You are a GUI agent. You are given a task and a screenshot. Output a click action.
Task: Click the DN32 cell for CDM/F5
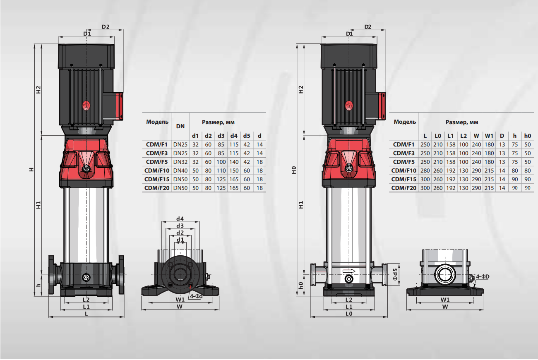pos(180,162)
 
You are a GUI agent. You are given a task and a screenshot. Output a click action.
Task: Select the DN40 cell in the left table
pos(180,171)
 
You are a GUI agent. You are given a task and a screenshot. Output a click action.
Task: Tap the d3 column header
pos(221,136)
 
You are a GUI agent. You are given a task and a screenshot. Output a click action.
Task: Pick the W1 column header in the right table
pos(489,136)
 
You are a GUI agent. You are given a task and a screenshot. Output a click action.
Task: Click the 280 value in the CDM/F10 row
pos(425,171)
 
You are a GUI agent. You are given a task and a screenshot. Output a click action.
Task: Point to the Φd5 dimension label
pos(395,274)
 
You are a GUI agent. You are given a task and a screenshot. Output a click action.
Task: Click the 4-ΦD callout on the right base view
pos(483,277)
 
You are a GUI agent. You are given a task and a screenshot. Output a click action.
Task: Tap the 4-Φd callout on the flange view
pos(196,296)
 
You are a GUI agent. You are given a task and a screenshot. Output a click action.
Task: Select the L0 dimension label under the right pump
pos(349,314)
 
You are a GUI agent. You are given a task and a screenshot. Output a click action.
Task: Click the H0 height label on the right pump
pos(294,170)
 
